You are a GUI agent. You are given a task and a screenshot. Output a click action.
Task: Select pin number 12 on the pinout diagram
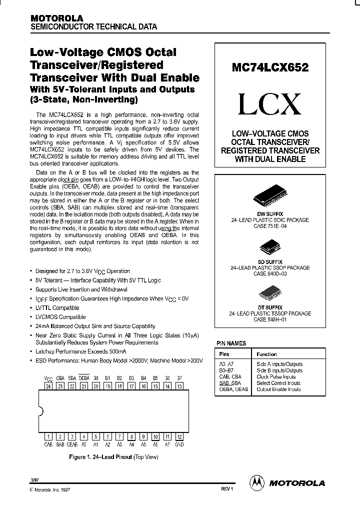[x=179, y=436]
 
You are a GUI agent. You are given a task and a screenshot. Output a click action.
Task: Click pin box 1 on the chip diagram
[x=48, y=436]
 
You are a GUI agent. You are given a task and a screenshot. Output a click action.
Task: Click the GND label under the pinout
[x=179, y=444]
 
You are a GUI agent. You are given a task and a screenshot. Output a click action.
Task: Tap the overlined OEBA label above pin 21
[x=84, y=378]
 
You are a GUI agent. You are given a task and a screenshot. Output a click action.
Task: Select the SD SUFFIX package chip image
[x=270, y=247]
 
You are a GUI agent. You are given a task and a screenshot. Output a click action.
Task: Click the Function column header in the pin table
[x=266, y=354]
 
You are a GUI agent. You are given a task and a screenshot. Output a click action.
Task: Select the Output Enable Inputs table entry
[x=278, y=389]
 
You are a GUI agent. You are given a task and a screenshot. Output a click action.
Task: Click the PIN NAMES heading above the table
[x=231, y=343]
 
